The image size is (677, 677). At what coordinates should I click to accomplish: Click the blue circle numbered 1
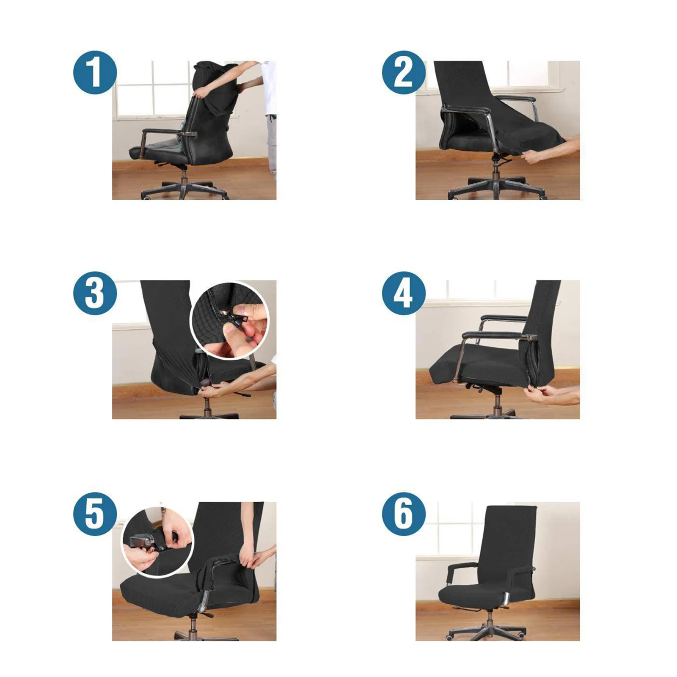tap(95, 72)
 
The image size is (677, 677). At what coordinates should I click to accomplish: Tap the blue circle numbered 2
tap(403, 72)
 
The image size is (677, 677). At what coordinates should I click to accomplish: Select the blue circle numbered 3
tap(95, 293)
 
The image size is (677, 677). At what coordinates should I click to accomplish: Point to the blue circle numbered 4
tap(403, 293)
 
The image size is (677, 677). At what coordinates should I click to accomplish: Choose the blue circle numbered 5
tap(95, 514)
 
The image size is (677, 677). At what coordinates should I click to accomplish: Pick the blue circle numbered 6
tap(403, 514)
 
